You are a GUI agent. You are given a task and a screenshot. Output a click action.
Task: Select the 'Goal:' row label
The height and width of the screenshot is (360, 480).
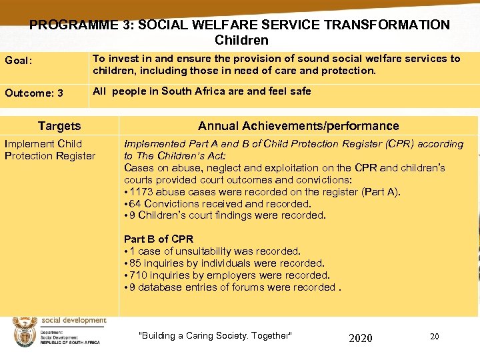click(19, 60)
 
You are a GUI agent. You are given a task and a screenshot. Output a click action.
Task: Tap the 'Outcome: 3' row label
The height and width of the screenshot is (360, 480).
click(34, 93)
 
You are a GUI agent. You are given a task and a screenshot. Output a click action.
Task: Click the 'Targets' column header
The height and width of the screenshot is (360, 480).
click(59, 125)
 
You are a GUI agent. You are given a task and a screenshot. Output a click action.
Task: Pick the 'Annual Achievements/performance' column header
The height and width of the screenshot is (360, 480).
click(298, 125)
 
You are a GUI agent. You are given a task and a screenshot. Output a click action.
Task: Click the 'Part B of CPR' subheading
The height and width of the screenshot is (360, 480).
click(159, 239)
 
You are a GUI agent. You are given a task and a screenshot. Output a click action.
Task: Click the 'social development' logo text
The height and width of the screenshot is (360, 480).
click(74, 321)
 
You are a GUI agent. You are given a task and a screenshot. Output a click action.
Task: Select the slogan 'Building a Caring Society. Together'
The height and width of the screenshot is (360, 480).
click(215, 335)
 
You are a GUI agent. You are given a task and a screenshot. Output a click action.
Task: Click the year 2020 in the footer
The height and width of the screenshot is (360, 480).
click(361, 338)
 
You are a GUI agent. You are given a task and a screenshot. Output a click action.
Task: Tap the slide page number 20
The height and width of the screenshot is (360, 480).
click(434, 336)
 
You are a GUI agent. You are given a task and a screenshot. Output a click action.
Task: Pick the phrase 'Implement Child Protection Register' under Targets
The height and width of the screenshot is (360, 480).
click(49, 150)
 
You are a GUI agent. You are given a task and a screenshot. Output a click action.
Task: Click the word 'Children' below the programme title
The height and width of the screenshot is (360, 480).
click(241, 41)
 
